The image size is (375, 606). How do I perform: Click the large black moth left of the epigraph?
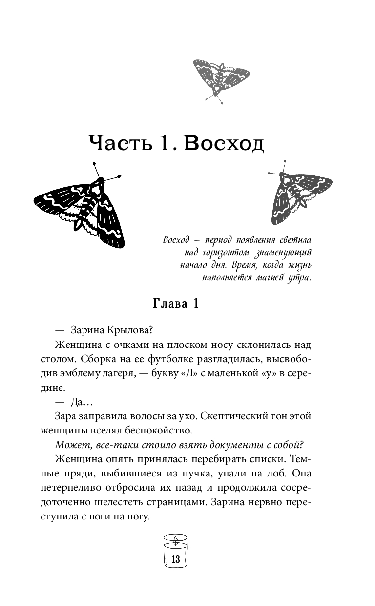(80, 208)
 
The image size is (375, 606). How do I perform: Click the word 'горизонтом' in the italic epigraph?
(220, 253)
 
